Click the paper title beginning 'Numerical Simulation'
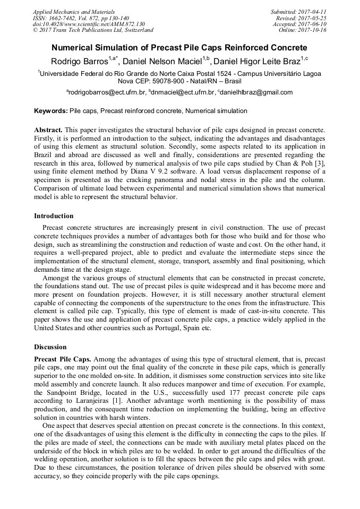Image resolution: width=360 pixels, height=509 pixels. (x=179, y=48)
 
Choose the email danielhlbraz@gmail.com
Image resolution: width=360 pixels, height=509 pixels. (x=258, y=92)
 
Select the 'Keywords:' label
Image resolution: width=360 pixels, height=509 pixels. (x=51, y=111)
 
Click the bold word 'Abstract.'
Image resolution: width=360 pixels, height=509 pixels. (x=49, y=130)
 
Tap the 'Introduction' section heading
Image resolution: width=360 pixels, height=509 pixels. (x=54, y=216)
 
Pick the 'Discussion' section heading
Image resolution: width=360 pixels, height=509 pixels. (x=51, y=347)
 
